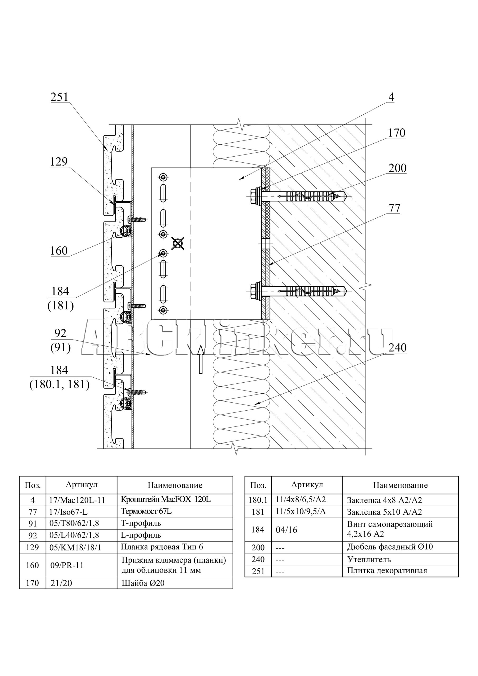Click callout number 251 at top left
tap(59, 97)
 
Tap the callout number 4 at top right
tap(391, 97)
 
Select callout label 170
tap(396, 133)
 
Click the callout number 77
tap(394, 208)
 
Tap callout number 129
tap(59, 162)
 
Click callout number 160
tap(59, 251)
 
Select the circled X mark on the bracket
tap(178, 243)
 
